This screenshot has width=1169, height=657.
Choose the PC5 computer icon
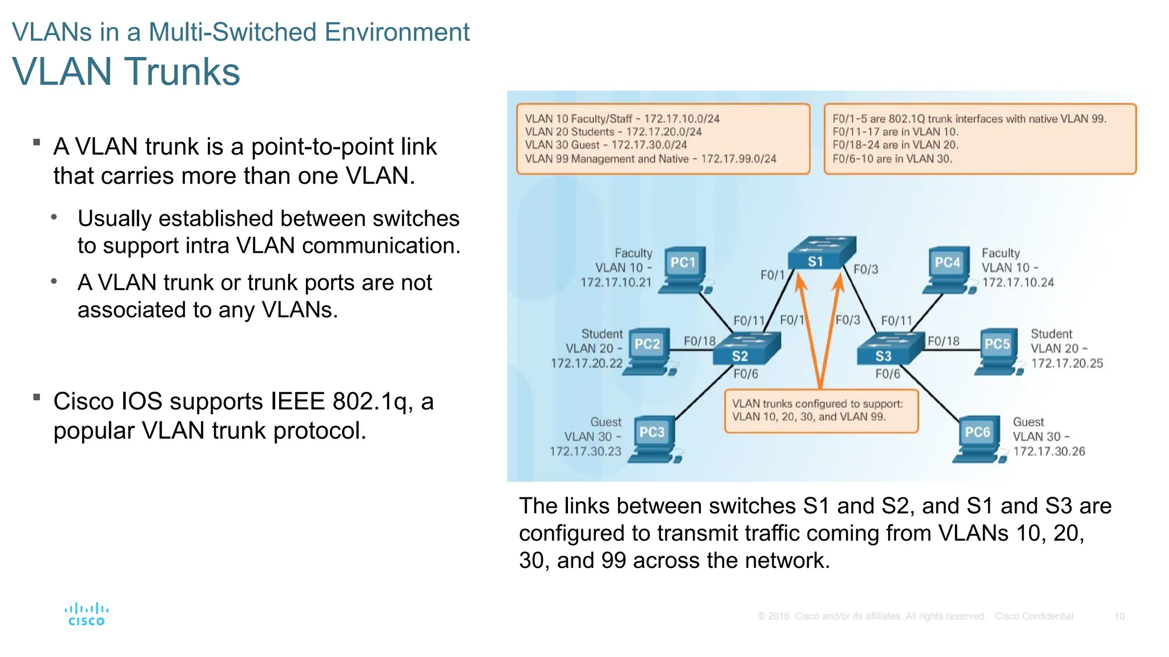(998, 351)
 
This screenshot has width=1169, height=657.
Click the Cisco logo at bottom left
(86, 615)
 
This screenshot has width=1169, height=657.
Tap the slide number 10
(1119, 617)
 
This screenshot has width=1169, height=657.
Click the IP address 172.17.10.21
(616, 282)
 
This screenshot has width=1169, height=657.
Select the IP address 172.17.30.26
(1049, 451)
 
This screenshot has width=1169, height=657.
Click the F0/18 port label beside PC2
(699, 341)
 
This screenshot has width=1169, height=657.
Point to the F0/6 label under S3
(888, 374)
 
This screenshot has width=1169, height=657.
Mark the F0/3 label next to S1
(865, 269)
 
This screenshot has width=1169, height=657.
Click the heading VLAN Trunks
(126, 72)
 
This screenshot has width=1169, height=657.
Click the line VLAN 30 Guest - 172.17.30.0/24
(606, 145)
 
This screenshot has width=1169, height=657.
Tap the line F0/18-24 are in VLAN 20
(895, 145)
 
